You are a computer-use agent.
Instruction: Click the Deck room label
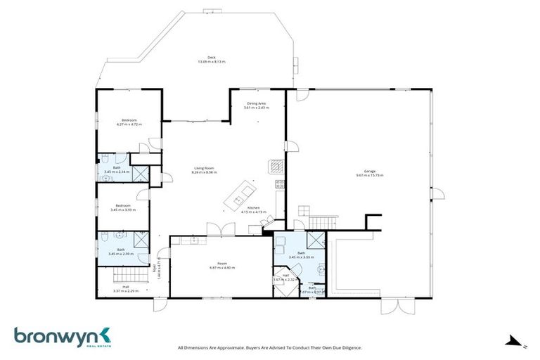pyautogui.click(x=210, y=58)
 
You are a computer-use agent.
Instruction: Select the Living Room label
pyautogui.click(x=204, y=168)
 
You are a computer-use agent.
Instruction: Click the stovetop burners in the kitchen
pyautogui.click(x=279, y=184)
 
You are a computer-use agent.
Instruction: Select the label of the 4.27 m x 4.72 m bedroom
pyautogui.click(x=129, y=120)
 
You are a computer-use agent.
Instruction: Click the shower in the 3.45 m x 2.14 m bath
pyautogui.click(x=141, y=174)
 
